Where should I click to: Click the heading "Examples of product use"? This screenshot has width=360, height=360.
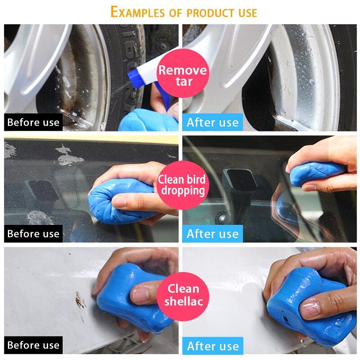(x=184, y=12)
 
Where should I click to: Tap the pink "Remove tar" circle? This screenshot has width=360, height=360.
(x=183, y=73)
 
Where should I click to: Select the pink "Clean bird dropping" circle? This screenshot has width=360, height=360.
(x=183, y=185)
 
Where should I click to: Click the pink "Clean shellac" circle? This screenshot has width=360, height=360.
(x=183, y=296)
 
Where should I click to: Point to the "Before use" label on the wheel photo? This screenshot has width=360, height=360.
(x=33, y=122)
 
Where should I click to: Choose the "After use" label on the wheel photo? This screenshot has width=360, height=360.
(x=213, y=122)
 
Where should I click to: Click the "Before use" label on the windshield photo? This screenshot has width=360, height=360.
(x=33, y=234)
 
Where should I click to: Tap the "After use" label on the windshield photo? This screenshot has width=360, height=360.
(x=213, y=234)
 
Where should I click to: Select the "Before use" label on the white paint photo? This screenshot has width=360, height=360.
(x=33, y=345)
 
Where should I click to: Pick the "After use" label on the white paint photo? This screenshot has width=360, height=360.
(x=213, y=346)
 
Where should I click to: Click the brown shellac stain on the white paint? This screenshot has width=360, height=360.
(x=80, y=301)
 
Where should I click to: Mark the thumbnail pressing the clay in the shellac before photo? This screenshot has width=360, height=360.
(x=140, y=295)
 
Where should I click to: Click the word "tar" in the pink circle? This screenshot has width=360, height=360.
(x=184, y=82)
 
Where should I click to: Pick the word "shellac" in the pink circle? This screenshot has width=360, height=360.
(x=184, y=301)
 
